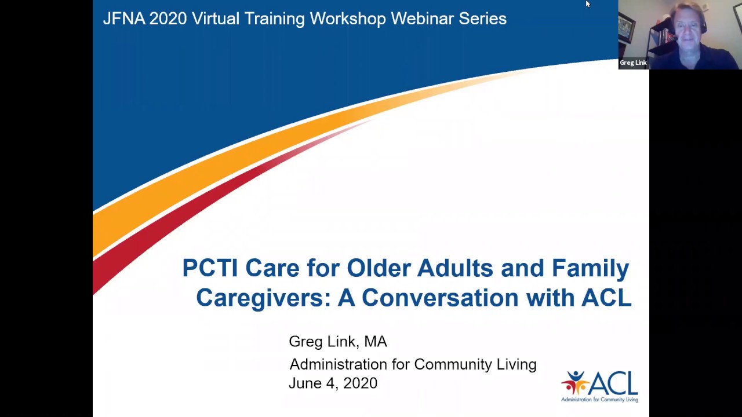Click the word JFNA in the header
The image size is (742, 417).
(123, 19)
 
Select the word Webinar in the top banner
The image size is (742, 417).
(422, 19)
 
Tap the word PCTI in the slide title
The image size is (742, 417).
(210, 268)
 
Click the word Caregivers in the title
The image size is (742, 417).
(263, 298)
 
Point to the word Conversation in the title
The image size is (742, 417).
(440, 298)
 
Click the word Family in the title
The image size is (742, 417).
(590, 268)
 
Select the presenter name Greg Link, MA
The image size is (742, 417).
(338, 342)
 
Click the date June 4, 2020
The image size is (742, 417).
(333, 383)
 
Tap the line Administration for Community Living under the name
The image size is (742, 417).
(413, 364)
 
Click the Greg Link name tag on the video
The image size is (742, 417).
(633, 63)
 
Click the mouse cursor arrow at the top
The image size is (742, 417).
(587, 4)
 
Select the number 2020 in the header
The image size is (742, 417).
(168, 19)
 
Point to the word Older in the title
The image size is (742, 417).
(379, 268)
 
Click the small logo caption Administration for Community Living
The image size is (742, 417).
(599, 399)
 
